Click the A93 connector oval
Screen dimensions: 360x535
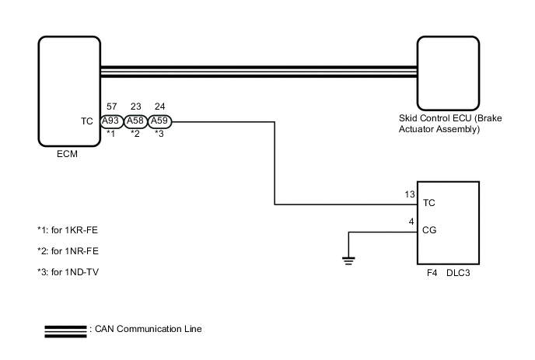(111, 121)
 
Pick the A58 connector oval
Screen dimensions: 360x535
(136, 121)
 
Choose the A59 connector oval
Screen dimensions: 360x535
(160, 121)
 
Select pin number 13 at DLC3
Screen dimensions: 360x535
(410, 194)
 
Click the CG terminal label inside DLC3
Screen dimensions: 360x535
(428, 230)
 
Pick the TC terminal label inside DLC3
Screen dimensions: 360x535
(428, 203)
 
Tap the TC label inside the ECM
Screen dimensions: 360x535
(87, 121)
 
